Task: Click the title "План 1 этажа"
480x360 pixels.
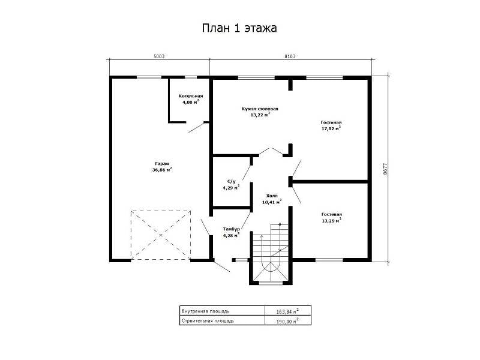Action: [239, 28]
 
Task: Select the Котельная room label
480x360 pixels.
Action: [191, 96]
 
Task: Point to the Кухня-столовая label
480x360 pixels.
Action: [260, 109]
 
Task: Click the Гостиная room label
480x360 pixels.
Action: [331, 122]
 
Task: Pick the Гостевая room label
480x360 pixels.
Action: [332, 215]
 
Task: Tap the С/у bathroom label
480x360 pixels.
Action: [232, 182]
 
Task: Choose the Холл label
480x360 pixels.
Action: [272, 196]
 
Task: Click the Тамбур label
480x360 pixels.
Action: [232, 229]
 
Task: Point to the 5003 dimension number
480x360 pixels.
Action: [159, 56]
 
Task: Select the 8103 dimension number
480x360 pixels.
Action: [290, 56]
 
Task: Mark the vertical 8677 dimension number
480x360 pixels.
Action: [385, 169]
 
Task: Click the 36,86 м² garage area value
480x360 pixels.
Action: [162, 170]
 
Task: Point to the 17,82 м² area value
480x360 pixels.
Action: [331, 128]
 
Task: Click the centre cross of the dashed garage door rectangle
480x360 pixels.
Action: [161, 235]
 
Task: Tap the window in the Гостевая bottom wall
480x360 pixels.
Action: [329, 260]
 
